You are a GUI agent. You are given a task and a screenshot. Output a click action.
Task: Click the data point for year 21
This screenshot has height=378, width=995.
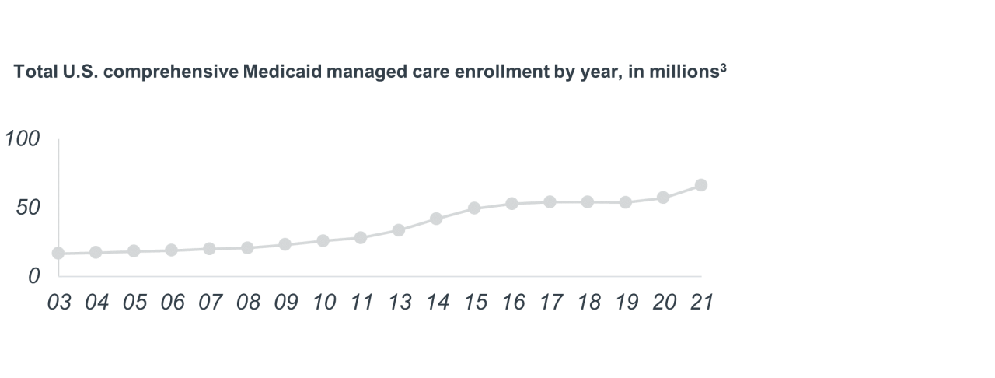tap(700, 185)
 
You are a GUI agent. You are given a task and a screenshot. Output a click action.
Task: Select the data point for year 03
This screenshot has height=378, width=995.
tap(58, 254)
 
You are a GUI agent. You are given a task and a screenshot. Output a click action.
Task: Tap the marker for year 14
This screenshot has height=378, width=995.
tap(436, 219)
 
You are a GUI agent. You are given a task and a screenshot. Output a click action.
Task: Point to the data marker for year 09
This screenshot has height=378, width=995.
tap(285, 244)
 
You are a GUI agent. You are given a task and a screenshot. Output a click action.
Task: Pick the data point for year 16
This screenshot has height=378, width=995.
tap(511, 204)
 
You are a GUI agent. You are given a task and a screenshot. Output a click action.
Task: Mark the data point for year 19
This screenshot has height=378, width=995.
tap(625, 202)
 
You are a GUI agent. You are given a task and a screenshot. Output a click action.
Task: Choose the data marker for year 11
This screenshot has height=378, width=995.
tap(361, 237)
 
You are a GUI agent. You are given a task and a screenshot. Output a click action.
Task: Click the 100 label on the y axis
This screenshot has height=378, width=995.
tap(22, 140)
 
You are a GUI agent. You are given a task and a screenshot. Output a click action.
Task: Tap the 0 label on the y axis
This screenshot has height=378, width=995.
tap(33, 276)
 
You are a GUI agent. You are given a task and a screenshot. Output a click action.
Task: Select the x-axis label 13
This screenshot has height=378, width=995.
tap(399, 303)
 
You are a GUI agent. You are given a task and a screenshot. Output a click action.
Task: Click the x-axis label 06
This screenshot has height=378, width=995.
tap(172, 303)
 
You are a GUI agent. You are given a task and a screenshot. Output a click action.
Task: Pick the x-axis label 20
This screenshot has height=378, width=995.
tap(663, 303)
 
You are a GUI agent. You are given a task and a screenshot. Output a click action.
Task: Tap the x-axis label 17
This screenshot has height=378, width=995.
tap(550, 303)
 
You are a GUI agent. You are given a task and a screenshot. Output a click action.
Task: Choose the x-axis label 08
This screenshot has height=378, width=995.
tap(247, 303)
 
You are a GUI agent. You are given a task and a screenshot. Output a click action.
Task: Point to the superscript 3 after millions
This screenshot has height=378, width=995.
tap(723, 68)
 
